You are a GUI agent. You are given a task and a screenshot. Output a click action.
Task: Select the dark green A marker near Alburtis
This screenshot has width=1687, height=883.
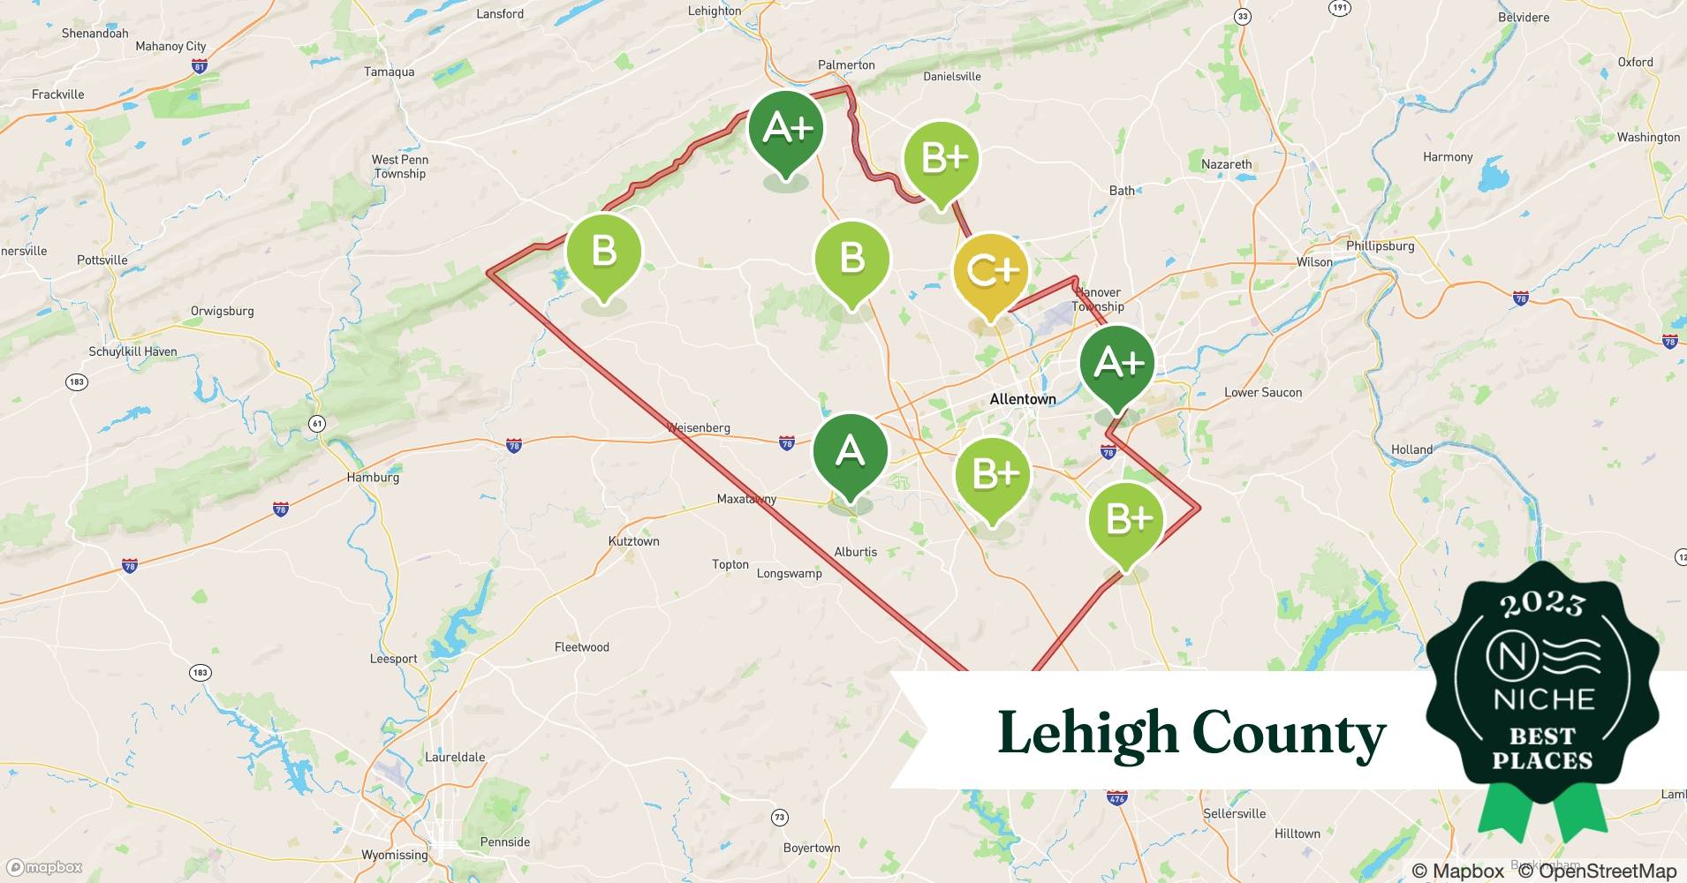click(x=850, y=452)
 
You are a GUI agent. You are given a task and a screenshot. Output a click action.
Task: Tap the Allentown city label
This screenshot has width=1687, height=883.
click(x=1022, y=399)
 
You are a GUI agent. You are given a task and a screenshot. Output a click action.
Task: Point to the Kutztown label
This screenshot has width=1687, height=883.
click(x=633, y=541)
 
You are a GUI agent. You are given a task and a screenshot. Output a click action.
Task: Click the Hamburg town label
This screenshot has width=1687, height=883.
click(x=373, y=478)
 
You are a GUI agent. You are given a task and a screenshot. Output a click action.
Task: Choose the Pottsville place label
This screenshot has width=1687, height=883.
click(x=102, y=260)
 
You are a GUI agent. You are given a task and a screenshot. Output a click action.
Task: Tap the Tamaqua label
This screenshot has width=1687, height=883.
click(x=389, y=72)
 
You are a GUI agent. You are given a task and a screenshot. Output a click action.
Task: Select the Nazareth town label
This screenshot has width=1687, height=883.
click(x=1226, y=164)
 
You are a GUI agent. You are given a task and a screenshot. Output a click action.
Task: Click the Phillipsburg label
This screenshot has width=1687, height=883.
click(x=1380, y=246)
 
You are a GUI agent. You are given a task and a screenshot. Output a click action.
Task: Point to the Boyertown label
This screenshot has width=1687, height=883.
click(x=812, y=849)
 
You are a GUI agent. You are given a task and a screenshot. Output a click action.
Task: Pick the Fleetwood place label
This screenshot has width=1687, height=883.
click(x=581, y=647)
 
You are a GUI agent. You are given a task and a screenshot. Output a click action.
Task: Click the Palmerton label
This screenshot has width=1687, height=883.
click(x=846, y=65)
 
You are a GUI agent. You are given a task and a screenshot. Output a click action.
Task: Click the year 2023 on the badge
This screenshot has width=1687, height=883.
click(x=1542, y=604)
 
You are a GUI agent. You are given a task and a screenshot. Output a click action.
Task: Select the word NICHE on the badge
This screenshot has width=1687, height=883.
click(x=1543, y=700)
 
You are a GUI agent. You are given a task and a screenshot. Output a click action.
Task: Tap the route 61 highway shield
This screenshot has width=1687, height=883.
click(x=317, y=424)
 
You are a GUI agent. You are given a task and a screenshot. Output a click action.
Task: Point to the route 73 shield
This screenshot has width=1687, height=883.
click(x=779, y=818)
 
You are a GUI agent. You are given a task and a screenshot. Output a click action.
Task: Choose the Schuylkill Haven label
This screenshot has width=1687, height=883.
click(x=132, y=351)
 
